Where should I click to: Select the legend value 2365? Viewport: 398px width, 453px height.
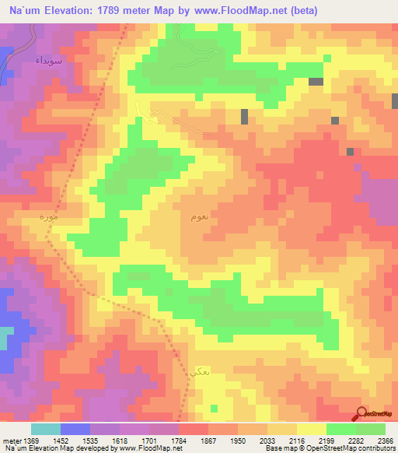point(386,441)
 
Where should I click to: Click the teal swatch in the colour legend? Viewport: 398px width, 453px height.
point(46,429)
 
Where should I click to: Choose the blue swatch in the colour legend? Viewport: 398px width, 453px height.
point(75,429)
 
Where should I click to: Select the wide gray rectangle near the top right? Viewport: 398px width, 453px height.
point(316,82)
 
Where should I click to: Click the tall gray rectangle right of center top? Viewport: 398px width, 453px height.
point(244,116)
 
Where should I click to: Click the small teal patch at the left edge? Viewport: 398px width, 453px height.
point(6,339)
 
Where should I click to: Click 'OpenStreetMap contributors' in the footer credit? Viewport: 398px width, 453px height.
point(353,449)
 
